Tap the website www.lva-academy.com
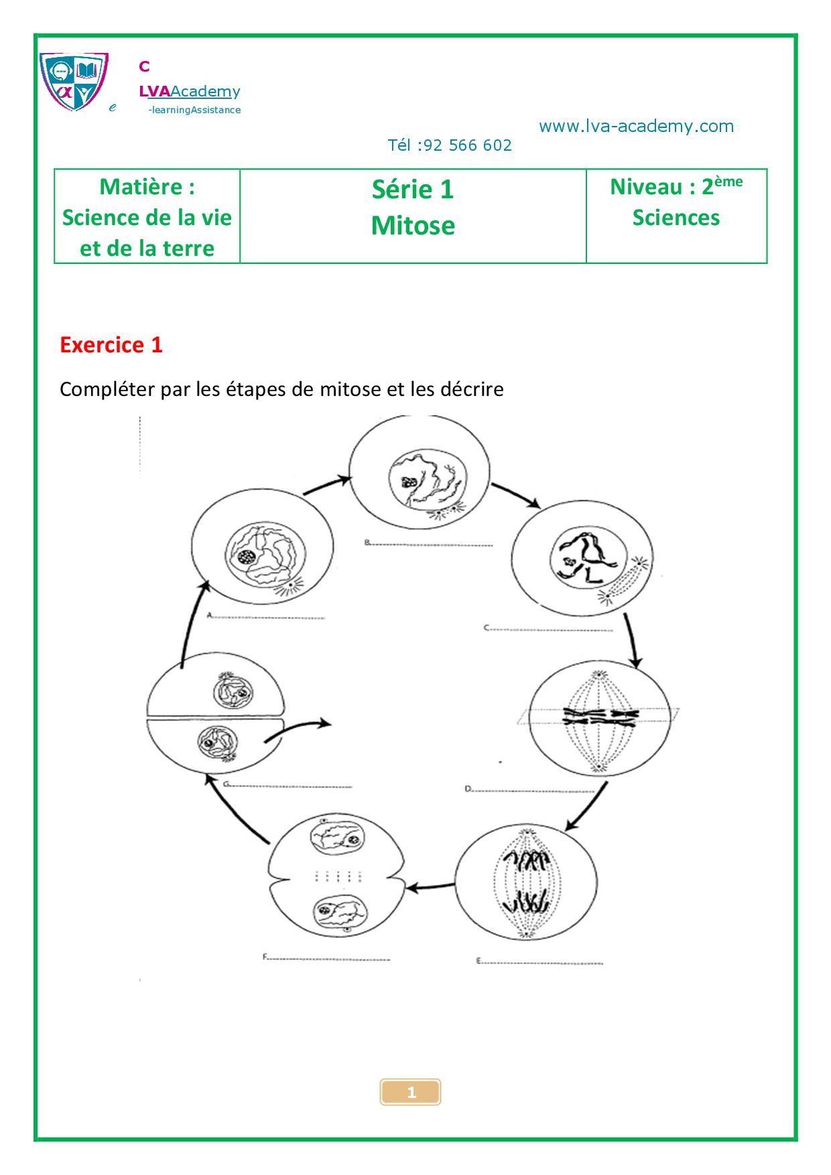coord(636,127)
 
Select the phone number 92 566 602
coord(468,145)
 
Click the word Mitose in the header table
coord(413,226)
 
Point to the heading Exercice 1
coord(111,345)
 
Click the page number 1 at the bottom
coord(411,1093)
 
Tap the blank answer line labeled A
coord(268,617)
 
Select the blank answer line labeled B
coord(432,545)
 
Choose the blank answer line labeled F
coord(328,959)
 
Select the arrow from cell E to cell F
coord(432,888)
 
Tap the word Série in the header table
coord(395,190)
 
